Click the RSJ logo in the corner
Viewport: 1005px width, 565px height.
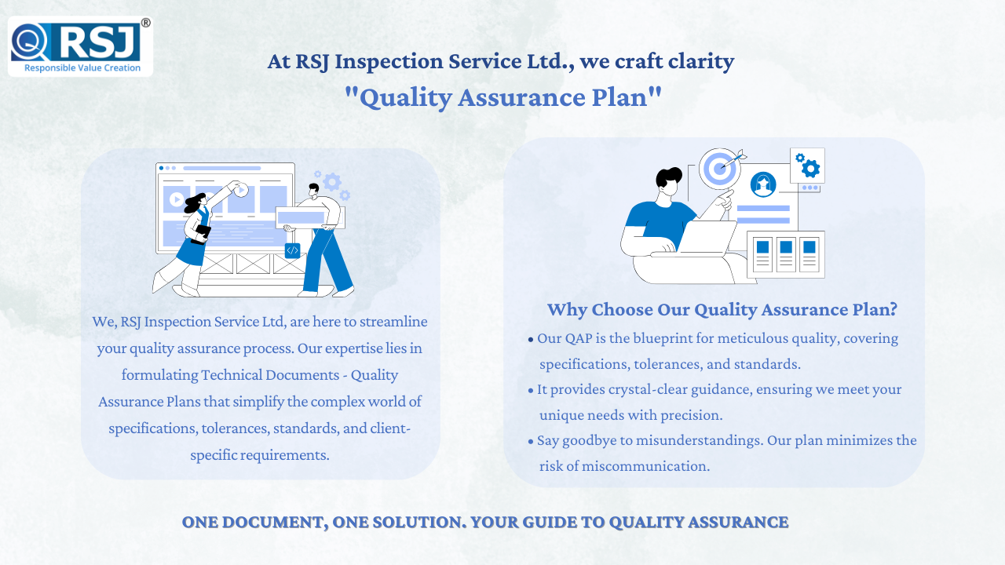[x=80, y=46]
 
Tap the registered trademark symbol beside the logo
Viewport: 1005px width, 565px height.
[x=146, y=23]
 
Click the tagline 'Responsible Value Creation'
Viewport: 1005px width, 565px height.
[x=82, y=67]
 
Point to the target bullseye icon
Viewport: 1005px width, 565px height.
[x=720, y=169]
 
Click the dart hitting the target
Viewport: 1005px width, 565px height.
[x=733, y=160]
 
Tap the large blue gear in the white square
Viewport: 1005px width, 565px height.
[x=811, y=169]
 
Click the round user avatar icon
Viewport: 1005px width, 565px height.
[x=762, y=184]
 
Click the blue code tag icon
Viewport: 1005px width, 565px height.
[x=293, y=250]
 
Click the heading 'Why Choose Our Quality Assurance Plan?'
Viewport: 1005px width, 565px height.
[x=722, y=309]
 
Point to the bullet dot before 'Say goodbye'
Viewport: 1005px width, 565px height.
[x=531, y=442]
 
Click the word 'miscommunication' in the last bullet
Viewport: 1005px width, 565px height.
[x=645, y=466]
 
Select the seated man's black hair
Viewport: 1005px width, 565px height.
[x=668, y=177]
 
